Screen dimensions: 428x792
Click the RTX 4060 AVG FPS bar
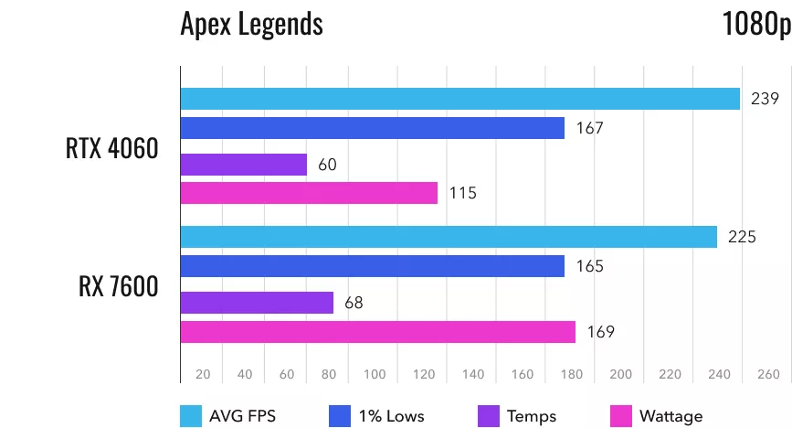pyautogui.click(x=459, y=99)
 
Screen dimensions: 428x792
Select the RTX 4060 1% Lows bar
pyautogui.click(x=373, y=129)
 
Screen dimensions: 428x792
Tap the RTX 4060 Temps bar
pyautogui.click(x=244, y=165)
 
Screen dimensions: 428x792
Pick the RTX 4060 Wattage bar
pyautogui.click(x=309, y=193)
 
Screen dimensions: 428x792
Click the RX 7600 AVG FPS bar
pyautogui.click(x=449, y=237)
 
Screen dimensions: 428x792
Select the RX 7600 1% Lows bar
pyautogui.click(x=372, y=266)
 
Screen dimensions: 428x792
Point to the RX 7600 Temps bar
pyautogui.click(x=257, y=302)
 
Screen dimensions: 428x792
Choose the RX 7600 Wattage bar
pyautogui.click(x=377, y=331)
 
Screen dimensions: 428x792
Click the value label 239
pyautogui.click(x=766, y=99)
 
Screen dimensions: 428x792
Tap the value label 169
pyautogui.click(x=600, y=331)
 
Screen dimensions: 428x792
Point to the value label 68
pyautogui.click(x=354, y=302)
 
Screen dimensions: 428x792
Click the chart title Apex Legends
pyautogui.click(x=251, y=24)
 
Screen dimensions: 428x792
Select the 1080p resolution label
pyautogui.click(x=755, y=24)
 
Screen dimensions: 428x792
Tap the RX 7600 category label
pyautogui.click(x=118, y=285)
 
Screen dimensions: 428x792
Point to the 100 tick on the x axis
pyautogui.click(x=375, y=374)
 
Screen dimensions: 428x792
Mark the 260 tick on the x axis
pyautogui.click(x=768, y=374)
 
